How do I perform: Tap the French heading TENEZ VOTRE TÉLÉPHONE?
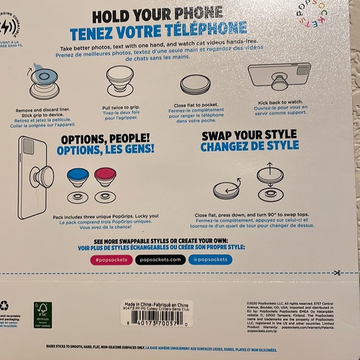(x=158, y=30)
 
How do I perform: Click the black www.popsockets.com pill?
(x=160, y=259)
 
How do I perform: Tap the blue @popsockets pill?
(x=210, y=259)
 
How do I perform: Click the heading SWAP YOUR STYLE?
(x=241, y=134)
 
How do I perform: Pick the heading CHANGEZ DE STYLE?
(x=241, y=146)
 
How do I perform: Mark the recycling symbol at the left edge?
(x=5, y=305)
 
